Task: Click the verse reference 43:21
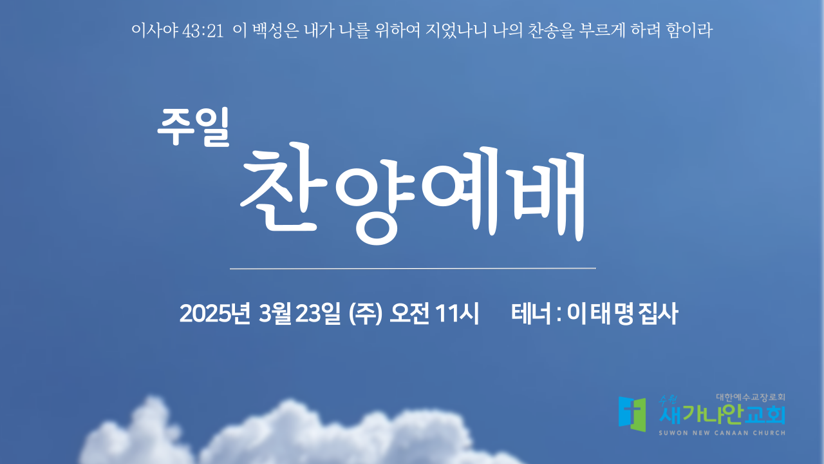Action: [203, 31]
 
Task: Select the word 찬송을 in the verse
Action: [550, 30]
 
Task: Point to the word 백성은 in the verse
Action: [276, 30]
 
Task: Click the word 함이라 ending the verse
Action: [689, 30]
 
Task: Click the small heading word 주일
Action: [194, 127]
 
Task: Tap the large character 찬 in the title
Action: [284, 188]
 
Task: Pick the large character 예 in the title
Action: [460, 191]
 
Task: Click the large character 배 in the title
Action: [550, 195]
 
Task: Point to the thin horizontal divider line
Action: [413, 269]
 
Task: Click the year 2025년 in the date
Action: [215, 314]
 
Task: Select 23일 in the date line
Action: [317, 314]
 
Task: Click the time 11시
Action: [456, 314]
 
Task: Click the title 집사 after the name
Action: [658, 314]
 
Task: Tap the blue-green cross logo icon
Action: [632, 414]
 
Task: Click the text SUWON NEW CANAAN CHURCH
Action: [722, 433]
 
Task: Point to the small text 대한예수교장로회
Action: [751, 398]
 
